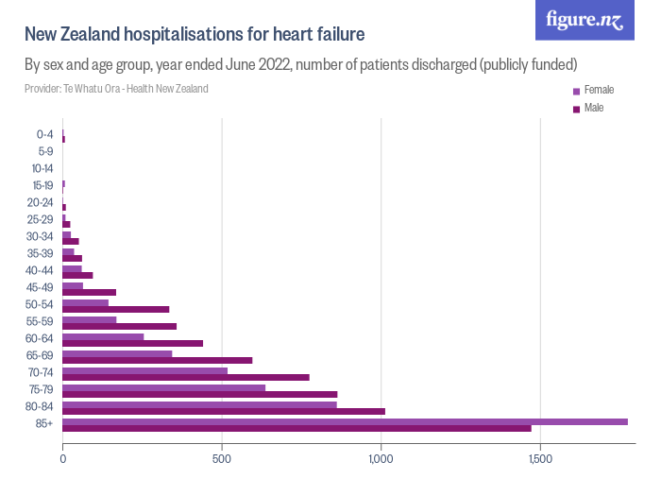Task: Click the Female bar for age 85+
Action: pos(345,421)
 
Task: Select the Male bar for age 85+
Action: pos(297,429)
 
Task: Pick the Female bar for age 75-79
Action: pos(163,386)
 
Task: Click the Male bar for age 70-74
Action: pos(186,377)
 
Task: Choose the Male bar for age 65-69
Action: pos(158,360)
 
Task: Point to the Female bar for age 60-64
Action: pos(103,336)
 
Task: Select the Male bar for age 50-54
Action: pos(116,309)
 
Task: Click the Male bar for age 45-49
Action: pos(89,293)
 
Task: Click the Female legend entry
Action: pos(599,91)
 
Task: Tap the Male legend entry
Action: pos(593,109)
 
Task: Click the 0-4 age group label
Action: pos(44,134)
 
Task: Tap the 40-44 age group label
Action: pos(41,271)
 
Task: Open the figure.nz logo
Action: pos(585,20)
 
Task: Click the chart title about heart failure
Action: pos(195,35)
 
